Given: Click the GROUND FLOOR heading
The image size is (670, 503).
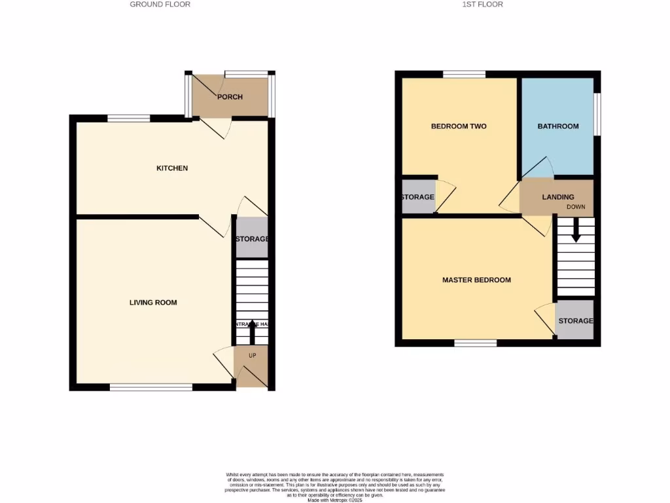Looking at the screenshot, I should coord(160,4).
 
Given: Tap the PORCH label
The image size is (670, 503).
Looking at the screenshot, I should coord(230,97).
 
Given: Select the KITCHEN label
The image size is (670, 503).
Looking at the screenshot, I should coord(172,168).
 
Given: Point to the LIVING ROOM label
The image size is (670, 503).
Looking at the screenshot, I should coord(153,303).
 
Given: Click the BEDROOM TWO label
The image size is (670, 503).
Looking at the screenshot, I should coord(459,126).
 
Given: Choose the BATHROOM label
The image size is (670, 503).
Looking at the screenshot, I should coord(558,126).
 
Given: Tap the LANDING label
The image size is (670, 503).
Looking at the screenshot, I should coord(558,197).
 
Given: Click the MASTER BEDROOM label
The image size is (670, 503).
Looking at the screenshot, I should coord(476,280).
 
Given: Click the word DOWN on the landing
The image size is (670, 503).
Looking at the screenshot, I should coord(576,207).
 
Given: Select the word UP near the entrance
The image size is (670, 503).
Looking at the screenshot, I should coord(252,356).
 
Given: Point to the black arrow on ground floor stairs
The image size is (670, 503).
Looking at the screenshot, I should coord(252,332).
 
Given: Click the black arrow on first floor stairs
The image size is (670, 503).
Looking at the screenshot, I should coord(576,230).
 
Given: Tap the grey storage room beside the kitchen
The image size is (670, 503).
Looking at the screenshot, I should coord(252,239).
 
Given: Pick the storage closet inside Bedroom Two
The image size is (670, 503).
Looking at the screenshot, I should coord(417,197).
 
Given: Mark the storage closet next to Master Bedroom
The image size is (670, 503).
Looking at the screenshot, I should coord(575,321).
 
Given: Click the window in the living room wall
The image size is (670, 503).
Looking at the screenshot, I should coord(151,387).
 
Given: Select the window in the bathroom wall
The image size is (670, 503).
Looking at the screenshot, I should coord(597,115).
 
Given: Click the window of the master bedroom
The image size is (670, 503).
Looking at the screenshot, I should coord(476,343).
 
